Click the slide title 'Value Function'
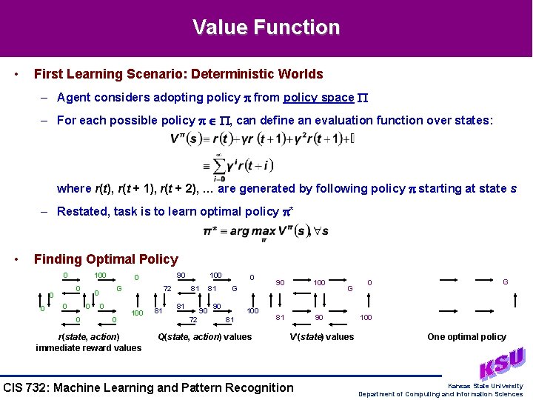pos(266,27)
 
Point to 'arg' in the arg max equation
pos(239,231)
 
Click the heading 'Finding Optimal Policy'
pos(106,259)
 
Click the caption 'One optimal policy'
pos(466,337)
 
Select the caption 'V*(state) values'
pos(321,337)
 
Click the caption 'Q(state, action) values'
pos(205,337)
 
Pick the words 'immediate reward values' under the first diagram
pos(88,348)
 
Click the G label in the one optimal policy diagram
pos(506,282)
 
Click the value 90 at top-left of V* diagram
pos(280,282)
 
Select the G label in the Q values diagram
pos(234,288)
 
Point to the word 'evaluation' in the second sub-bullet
pos(326,120)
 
